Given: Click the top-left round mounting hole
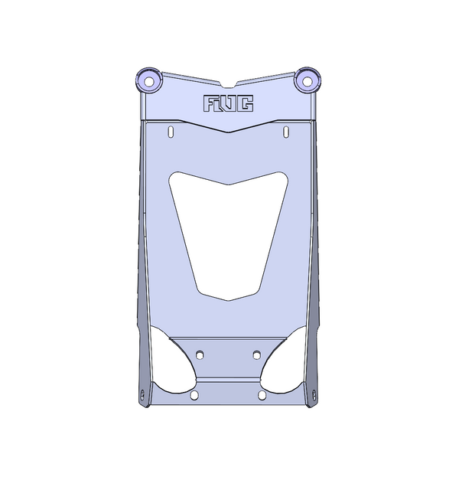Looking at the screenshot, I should [x=149, y=80].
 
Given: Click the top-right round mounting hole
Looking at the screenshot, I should [x=308, y=79].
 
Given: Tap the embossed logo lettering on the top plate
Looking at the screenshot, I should [x=228, y=103].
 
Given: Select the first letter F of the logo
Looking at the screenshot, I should [x=210, y=103].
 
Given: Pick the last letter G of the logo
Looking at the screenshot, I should [x=246, y=103].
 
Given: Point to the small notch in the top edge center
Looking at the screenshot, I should [x=228, y=83].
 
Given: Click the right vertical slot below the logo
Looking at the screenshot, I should [x=285, y=132].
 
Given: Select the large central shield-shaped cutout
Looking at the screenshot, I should [x=228, y=230].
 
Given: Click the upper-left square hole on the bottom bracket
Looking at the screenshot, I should [x=200, y=354].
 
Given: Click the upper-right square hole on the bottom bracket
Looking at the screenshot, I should [x=258, y=354].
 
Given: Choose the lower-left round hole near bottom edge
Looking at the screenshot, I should [x=194, y=395].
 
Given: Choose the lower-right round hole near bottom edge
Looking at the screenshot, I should [x=262, y=395].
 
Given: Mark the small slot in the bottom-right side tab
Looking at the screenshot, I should [x=314, y=394].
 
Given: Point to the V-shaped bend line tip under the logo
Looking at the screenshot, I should [x=228, y=132].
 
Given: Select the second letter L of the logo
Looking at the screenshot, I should [x=221, y=103].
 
